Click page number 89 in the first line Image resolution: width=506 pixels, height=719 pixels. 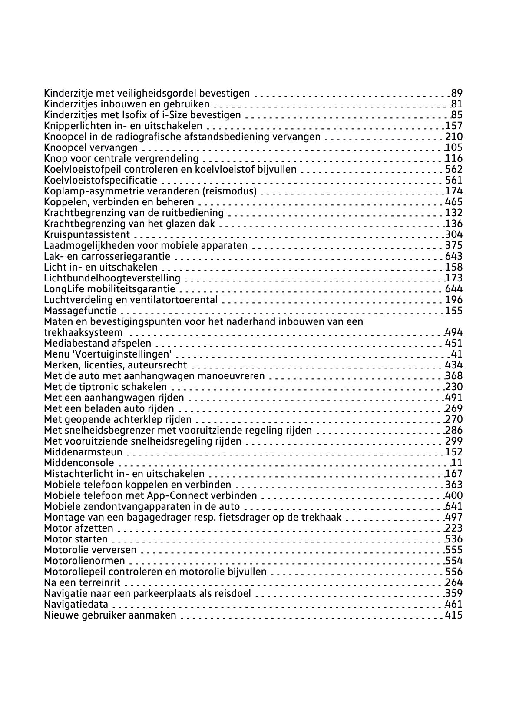[457, 93]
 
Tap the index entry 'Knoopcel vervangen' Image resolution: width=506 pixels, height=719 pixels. [91, 147]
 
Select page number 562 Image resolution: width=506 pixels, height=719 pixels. [454, 169]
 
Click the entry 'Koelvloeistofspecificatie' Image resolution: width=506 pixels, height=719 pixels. [101, 180]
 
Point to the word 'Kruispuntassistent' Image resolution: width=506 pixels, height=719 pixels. [87, 234]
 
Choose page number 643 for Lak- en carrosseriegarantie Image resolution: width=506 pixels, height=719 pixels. [454, 256]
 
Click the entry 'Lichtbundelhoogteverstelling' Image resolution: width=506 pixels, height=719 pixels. [112, 278]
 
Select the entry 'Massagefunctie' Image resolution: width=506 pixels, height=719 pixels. [80, 311]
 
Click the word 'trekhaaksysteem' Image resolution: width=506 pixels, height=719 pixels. [83, 333]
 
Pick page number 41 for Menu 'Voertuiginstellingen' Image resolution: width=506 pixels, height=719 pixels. [457, 354]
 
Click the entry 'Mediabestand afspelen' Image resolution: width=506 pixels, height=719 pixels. [97, 343]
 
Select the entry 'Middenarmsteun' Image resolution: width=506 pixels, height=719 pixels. [83, 452]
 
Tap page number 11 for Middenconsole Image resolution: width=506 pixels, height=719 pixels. [457, 463]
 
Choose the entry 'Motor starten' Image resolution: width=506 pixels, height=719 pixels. [76, 539]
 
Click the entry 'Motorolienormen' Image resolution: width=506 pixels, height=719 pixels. [84, 561]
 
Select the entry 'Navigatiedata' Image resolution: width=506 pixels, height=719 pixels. [76, 604]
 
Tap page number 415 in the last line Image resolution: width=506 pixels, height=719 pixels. [454, 615]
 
